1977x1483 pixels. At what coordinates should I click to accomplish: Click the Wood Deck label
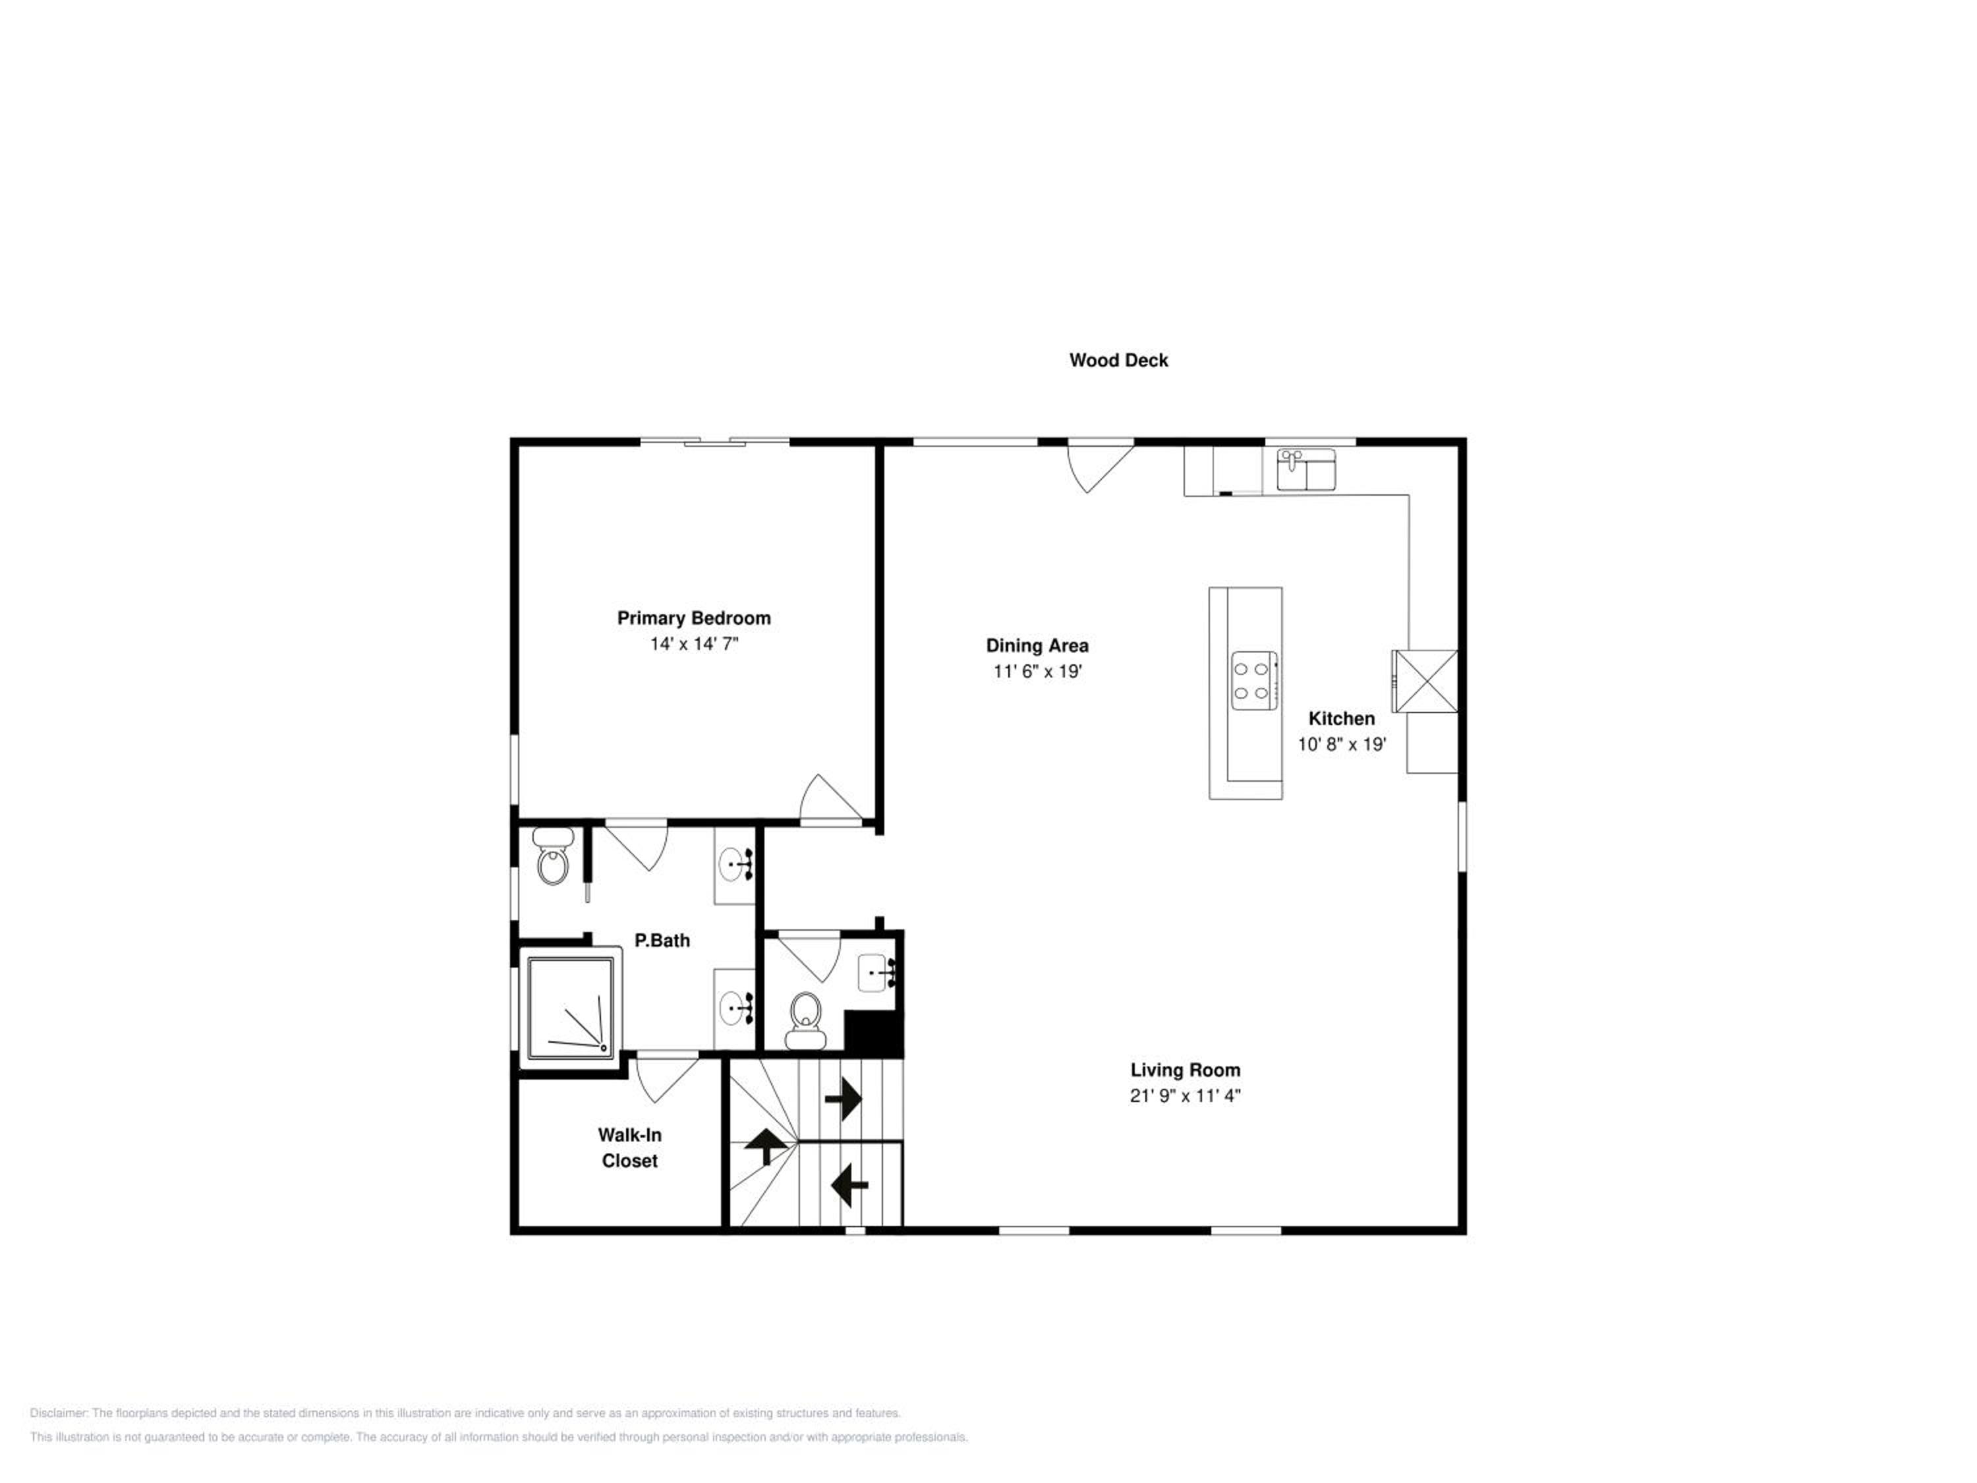coord(1118,361)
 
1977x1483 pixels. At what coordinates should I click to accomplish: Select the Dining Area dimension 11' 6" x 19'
coord(1038,672)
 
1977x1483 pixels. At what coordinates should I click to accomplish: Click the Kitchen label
coord(1342,718)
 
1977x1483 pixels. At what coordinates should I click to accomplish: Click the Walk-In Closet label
coord(629,1148)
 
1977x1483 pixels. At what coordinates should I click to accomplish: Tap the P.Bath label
coord(662,941)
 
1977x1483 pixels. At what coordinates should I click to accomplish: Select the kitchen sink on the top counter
coord(1305,470)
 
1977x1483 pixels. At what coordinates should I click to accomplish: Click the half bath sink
coord(876,973)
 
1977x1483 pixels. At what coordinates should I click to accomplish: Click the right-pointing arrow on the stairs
coord(843,1099)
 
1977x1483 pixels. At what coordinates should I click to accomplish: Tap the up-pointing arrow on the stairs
coord(766,1145)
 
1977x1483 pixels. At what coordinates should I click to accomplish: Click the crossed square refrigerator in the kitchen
coord(1425,681)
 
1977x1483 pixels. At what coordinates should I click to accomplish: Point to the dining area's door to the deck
coord(1101,467)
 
